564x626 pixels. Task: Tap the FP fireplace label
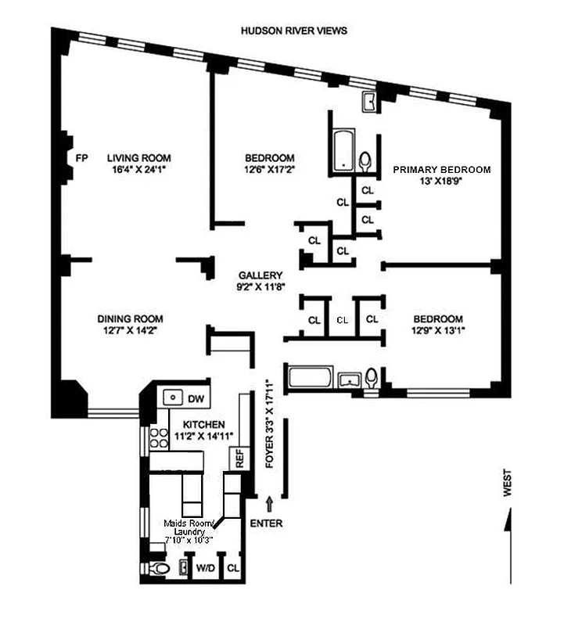80,157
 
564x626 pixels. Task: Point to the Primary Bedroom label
441,170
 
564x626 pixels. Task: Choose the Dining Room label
130,318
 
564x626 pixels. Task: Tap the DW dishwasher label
196,398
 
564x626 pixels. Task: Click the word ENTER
267,523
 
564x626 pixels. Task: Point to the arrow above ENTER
271,502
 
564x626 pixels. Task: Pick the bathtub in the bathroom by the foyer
311,380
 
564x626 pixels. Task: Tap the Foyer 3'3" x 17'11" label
269,423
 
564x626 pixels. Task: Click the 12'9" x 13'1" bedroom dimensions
437,330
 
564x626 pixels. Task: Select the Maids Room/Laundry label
188,531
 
